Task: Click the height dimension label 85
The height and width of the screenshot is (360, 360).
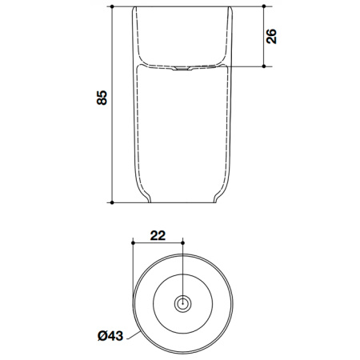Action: coord(101,98)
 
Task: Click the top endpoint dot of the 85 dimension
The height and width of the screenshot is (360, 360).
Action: coord(113,7)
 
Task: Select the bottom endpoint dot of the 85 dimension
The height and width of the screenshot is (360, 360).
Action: coord(113,202)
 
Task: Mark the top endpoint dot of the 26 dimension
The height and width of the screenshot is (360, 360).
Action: coord(263,7)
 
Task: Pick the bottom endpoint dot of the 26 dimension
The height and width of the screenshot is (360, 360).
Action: coord(263,66)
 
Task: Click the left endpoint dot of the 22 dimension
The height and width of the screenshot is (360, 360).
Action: coord(130,241)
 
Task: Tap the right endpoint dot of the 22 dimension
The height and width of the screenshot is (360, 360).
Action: coord(184,241)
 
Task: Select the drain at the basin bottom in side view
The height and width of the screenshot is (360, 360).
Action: coord(184,70)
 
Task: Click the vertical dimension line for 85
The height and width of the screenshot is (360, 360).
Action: coord(113,144)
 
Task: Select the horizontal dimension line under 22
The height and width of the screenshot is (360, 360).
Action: coord(157,241)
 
